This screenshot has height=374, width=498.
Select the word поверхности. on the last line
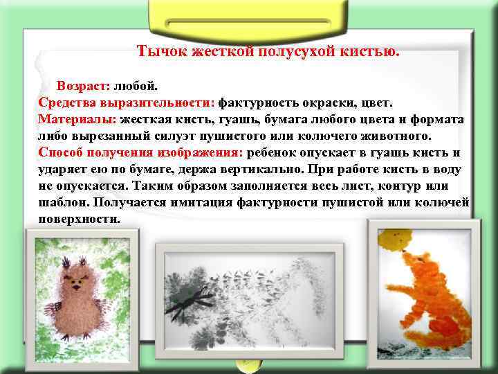(80, 218)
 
